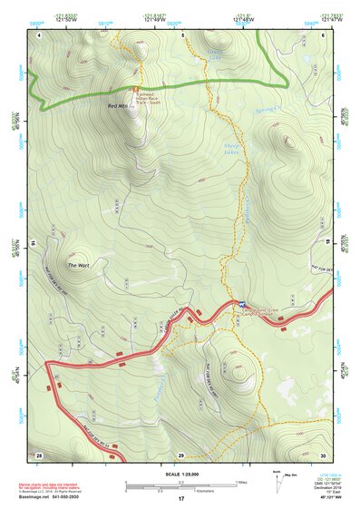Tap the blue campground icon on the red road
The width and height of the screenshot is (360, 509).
(243, 304)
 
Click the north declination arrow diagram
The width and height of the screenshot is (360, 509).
(277, 480)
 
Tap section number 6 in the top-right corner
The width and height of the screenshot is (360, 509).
(324, 34)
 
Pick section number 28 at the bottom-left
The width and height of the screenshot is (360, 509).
(40, 453)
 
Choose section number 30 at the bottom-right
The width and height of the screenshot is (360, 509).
(324, 453)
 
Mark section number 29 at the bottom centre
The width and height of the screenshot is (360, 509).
(181, 453)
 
